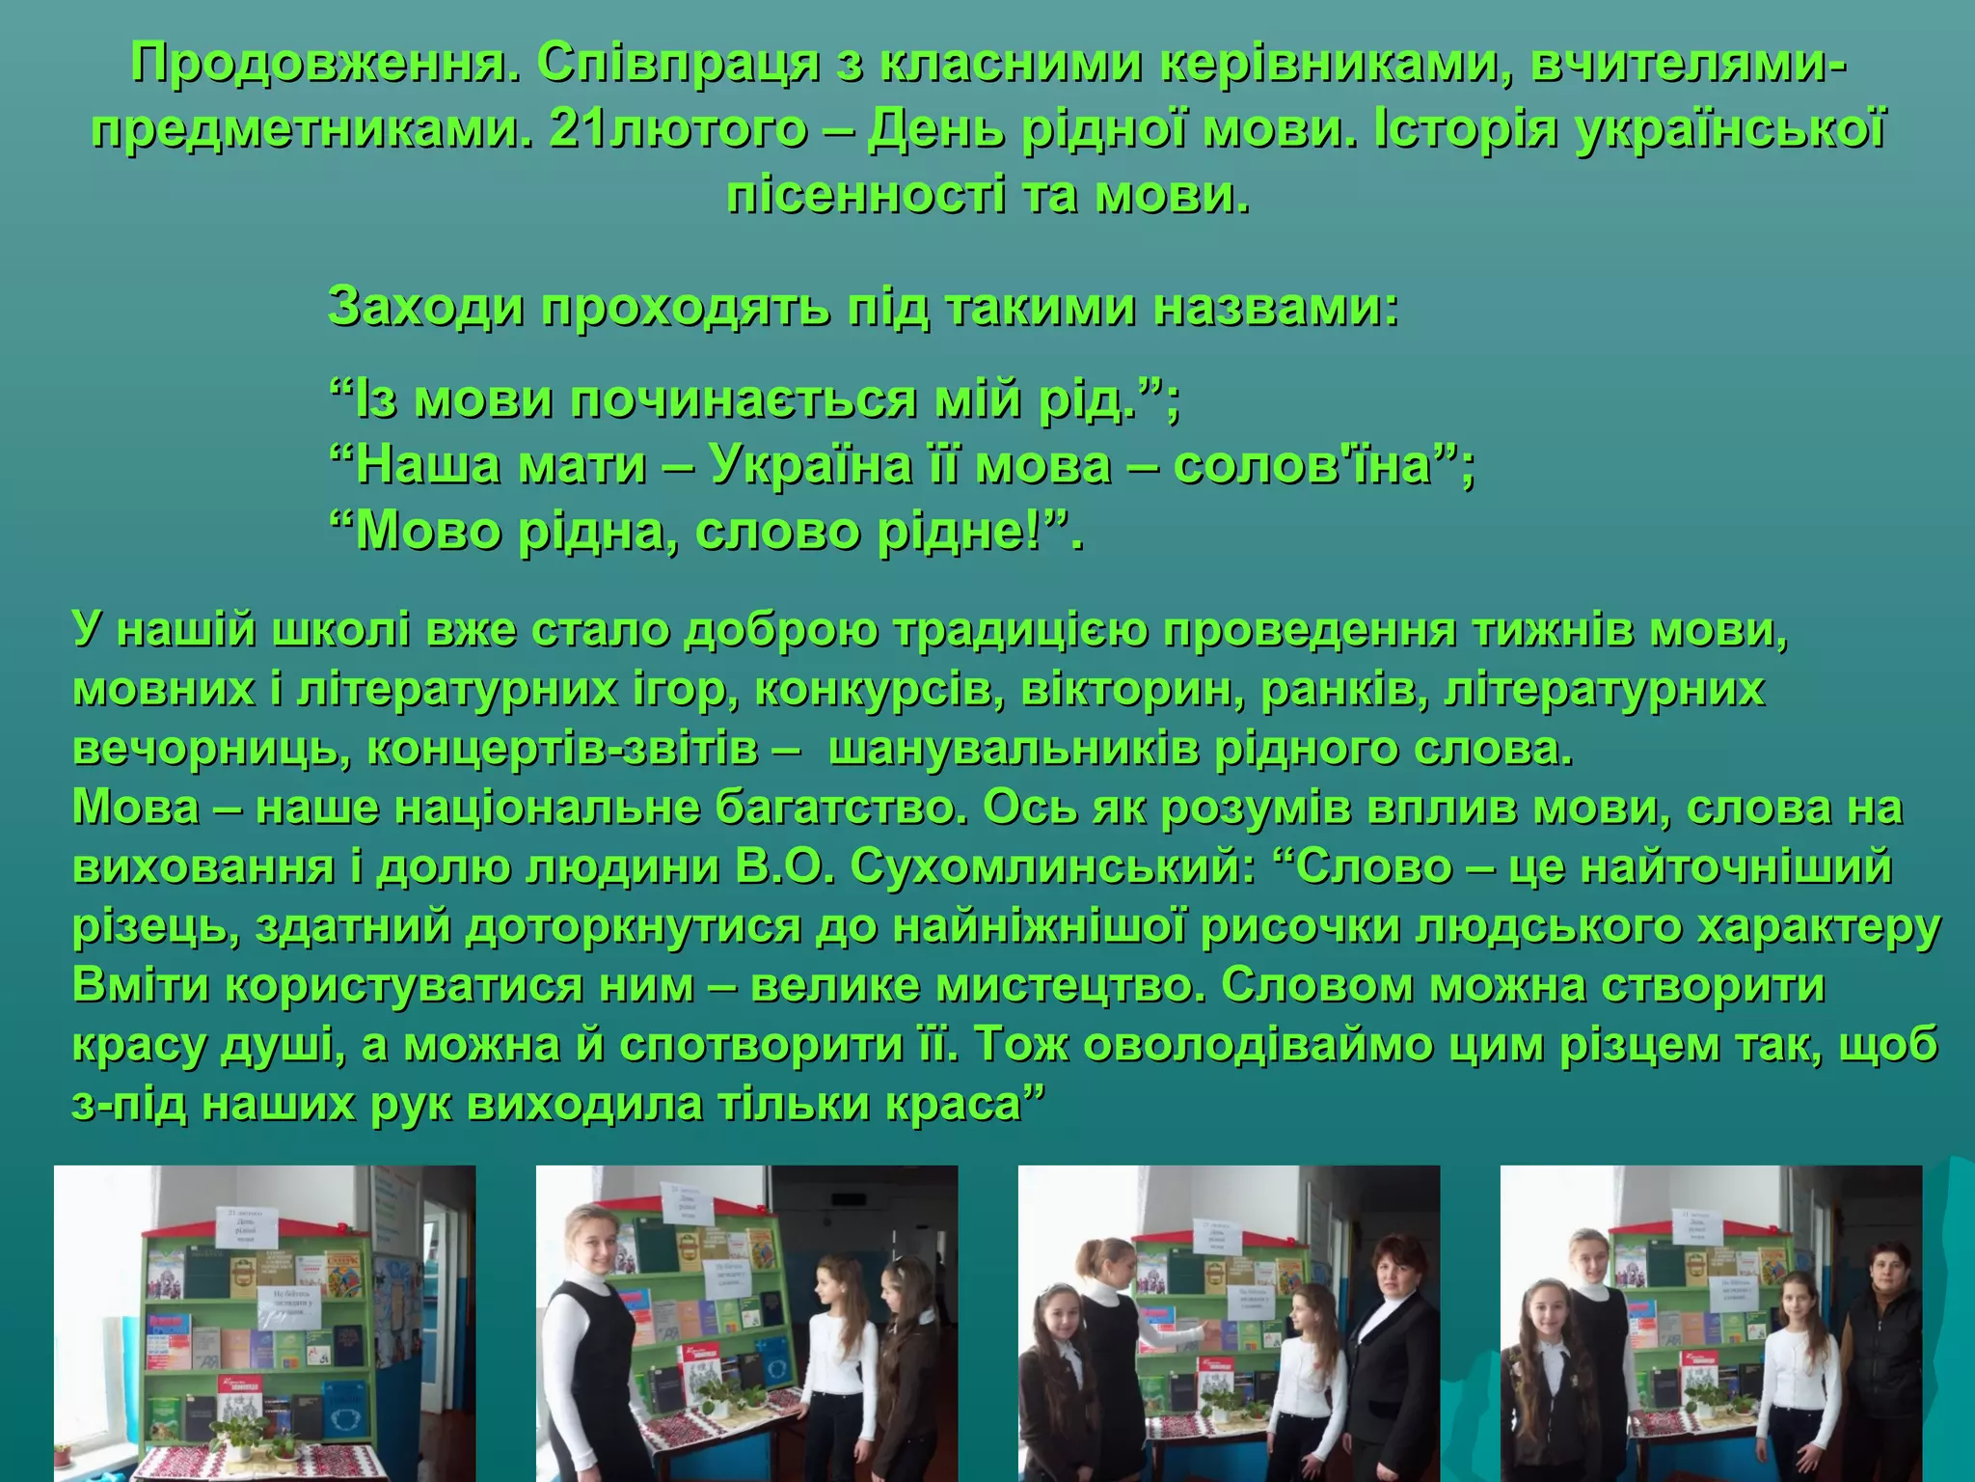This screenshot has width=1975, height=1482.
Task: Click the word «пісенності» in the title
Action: (867, 196)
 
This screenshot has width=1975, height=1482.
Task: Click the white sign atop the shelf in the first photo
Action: (249, 1224)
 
